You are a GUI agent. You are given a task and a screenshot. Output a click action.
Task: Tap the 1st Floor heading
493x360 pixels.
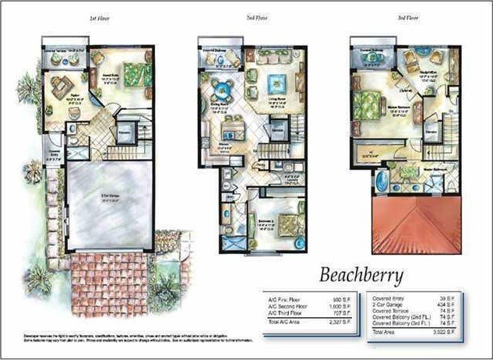coord(102,17)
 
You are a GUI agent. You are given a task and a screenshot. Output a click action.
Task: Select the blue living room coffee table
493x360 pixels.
coord(275,83)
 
